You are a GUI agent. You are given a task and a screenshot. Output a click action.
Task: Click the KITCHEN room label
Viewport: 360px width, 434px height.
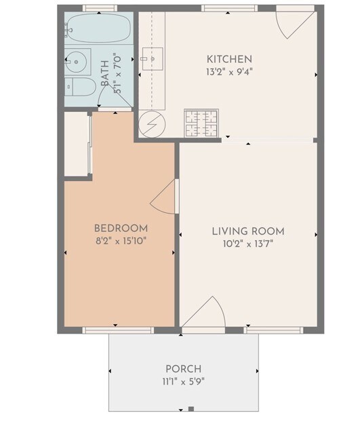click(x=229, y=59)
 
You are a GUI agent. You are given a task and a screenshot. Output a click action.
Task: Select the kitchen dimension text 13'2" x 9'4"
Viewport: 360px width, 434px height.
click(x=229, y=71)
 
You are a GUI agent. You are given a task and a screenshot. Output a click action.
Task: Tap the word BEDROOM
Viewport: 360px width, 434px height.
click(x=121, y=229)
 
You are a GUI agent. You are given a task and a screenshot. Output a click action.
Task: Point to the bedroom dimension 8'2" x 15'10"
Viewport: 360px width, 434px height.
click(x=121, y=240)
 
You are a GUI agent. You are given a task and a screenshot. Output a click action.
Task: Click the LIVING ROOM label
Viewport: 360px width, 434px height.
click(x=248, y=231)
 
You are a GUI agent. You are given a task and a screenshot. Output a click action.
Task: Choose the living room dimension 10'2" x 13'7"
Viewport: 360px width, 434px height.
click(x=248, y=243)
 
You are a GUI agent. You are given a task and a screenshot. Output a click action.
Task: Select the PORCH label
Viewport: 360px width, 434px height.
click(x=183, y=370)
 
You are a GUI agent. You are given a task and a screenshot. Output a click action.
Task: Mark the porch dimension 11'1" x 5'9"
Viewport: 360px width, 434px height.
click(x=183, y=381)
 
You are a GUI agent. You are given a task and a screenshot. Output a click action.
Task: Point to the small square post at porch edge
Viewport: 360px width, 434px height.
click(x=191, y=409)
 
